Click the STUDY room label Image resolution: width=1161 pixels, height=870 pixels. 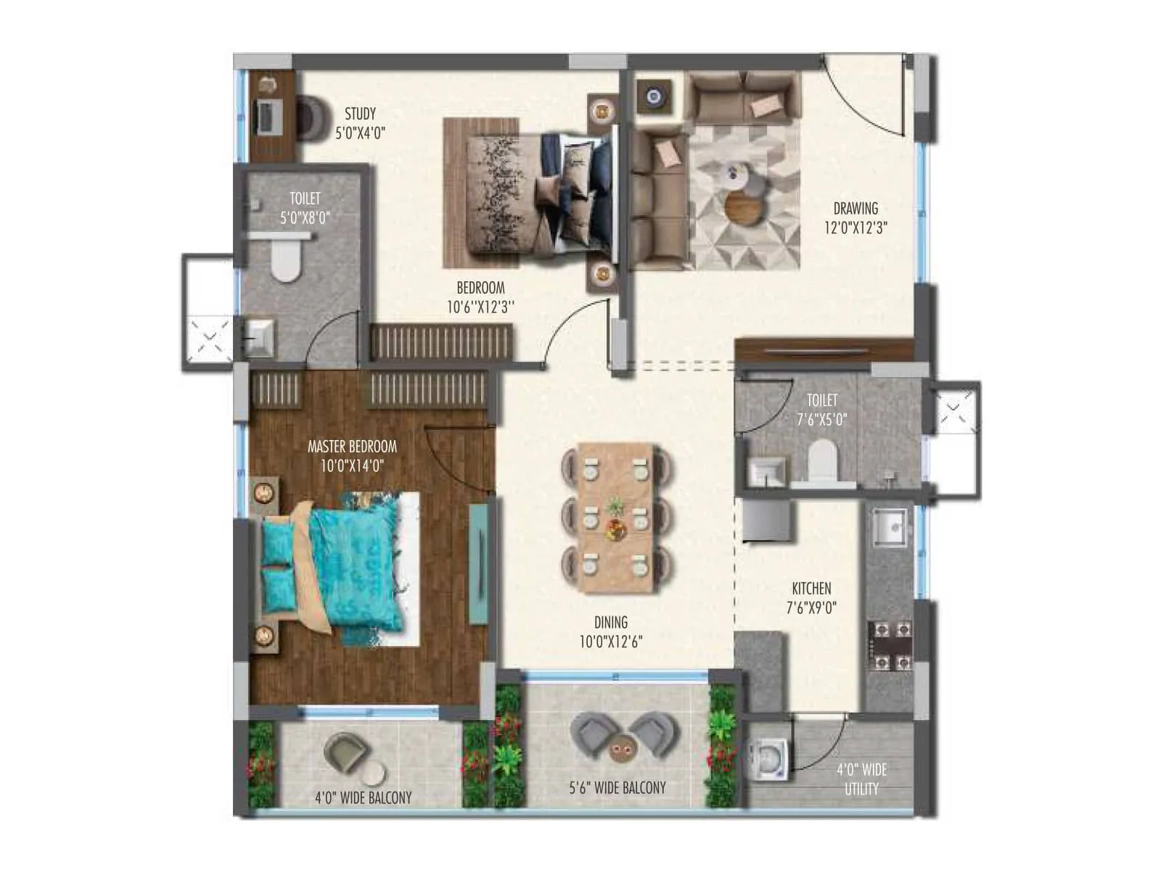coord(360,115)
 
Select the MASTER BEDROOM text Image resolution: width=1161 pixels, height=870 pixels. coord(352,447)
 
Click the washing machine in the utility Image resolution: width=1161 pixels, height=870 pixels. coord(768,758)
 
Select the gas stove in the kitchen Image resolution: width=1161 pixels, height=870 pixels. coord(890,645)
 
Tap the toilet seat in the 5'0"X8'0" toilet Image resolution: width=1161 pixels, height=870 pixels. coord(284,261)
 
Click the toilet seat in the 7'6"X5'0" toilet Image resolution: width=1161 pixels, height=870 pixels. coord(822,461)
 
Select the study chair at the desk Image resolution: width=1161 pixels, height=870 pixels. coord(313,117)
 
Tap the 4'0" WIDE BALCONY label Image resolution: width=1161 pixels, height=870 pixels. coord(363,797)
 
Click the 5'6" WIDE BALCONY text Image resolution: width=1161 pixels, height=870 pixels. coord(618,787)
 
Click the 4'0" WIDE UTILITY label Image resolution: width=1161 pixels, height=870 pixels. coord(861,779)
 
